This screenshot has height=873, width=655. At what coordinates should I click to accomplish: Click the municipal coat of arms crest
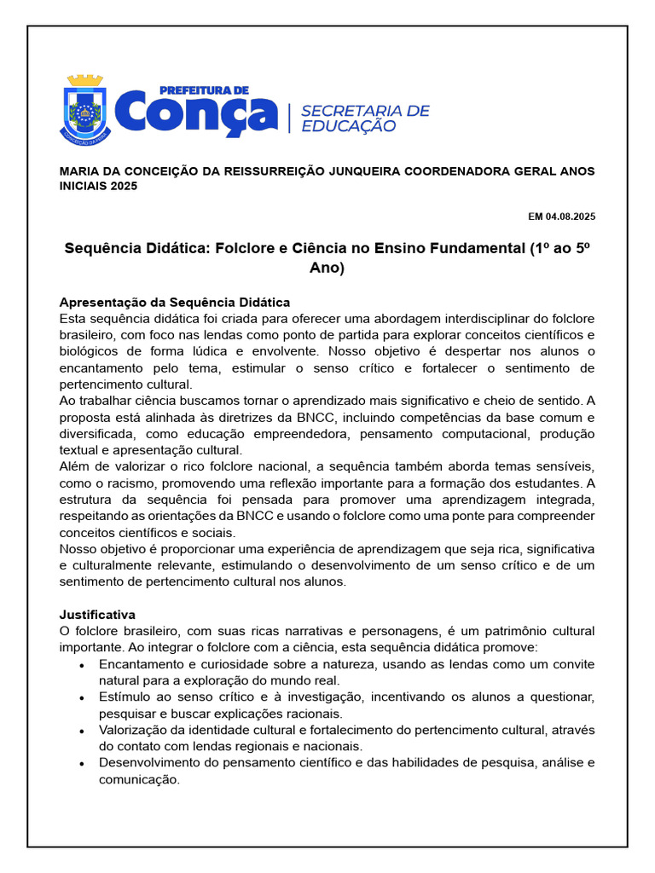pyautogui.click(x=85, y=107)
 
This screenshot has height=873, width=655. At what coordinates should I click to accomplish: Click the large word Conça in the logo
pyautogui.click(x=195, y=115)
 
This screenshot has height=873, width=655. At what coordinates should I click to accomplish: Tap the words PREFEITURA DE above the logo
pyautogui.click(x=204, y=89)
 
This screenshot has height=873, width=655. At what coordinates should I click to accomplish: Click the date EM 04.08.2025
pyautogui.click(x=562, y=217)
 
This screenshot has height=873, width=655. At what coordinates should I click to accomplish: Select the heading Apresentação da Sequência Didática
pyautogui.click(x=175, y=303)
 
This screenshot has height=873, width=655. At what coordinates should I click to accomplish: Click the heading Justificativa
pyautogui.click(x=97, y=615)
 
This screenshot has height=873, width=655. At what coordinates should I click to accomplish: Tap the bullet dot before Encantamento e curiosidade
pyautogui.click(x=81, y=665)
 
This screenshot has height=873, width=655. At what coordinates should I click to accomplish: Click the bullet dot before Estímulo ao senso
pyautogui.click(x=81, y=698)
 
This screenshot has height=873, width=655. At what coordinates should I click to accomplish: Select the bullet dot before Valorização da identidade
pyautogui.click(x=81, y=731)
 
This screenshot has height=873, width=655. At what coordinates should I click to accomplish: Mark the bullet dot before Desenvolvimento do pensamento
pyautogui.click(x=81, y=764)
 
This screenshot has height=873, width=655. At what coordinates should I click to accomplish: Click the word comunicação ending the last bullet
pyautogui.click(x=139, y=779)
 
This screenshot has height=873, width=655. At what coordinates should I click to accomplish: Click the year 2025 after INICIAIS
pyautogui.click(x=123, y=186)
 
